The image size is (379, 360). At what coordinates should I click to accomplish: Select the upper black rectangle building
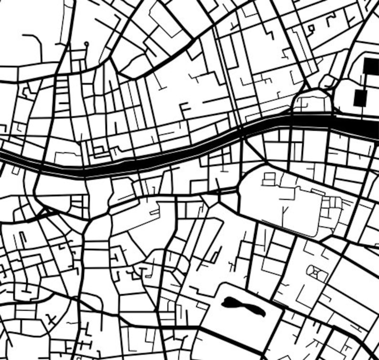371,66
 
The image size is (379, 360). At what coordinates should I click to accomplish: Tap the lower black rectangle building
360,98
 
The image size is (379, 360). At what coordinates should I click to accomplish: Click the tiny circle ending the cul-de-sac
86,44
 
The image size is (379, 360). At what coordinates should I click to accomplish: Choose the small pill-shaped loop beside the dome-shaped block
328,82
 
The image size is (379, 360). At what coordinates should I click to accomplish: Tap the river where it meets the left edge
2,155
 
